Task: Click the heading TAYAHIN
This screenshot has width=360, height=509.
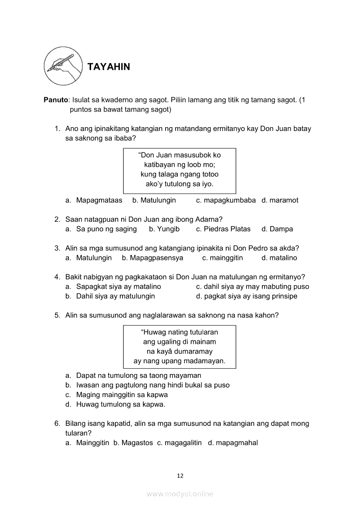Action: pyautogui.click(x=109, y=67)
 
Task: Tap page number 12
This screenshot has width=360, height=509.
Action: pyautogui.click(x=180, y=475)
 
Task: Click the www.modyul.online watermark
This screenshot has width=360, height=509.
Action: pyautogui.click(x=180, y=494)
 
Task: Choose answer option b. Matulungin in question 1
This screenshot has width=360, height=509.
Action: pyautogui.click(x=154, y=200)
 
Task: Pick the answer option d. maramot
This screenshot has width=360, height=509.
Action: pyautogui.click(x=280, y=200)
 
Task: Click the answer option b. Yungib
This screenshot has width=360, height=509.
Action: pyautogui.click(x=164, y=229)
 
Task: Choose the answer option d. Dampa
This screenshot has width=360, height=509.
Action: pyautogui.click(x=277, y=229)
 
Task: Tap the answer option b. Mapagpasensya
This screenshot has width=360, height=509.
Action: pyautogui.click(x=153, y=258)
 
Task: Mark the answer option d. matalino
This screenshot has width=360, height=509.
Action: pyautogui.click(x=279, y=258)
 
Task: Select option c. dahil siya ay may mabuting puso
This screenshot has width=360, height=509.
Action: pyautogui.click(x=252, y=287)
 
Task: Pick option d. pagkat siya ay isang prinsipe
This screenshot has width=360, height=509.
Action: pyautogui.click(x=247, y=296)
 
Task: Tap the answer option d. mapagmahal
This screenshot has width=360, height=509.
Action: pyautogui.click(x=233, y=443)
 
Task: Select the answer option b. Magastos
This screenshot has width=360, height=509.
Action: pyautogui.click(x=133, y=443)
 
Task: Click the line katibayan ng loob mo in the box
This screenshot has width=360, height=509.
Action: pyautogui.click(x=180, y=165)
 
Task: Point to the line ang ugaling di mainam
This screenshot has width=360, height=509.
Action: pyautogui.click(x=180, y=342)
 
